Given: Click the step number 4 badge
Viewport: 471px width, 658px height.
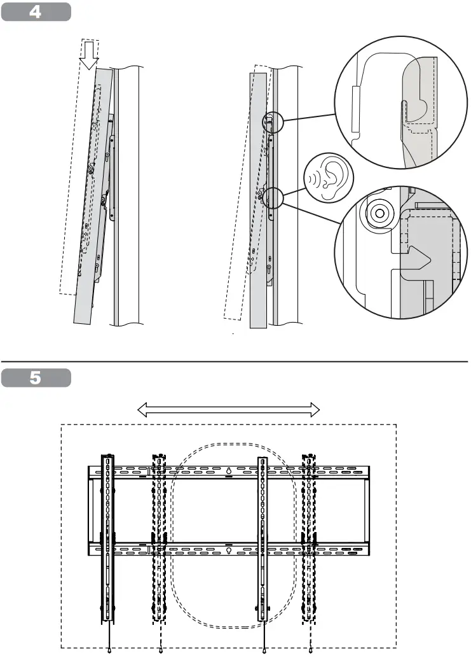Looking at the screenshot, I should pyautogui.click(x=36, y=11).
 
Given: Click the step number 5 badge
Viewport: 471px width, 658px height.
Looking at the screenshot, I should pyautogui.click(x=36, y=377).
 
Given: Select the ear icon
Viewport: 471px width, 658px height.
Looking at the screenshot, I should pyautogui.click(x=331, y=179).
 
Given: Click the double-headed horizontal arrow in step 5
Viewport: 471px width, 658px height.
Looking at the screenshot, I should pyautogui.click(x=228, y=411).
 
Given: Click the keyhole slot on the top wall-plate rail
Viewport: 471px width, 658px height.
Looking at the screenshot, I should pyautogui.click(x=228, y=472).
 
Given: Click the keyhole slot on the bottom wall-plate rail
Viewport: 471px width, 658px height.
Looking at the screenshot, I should pyautogui.click(x=228, y=551).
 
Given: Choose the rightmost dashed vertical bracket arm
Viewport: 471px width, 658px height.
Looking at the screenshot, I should pyautogui.click(x=310, y=538).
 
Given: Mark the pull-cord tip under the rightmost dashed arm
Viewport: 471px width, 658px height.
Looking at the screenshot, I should pyautogui.click(x=311, y=650).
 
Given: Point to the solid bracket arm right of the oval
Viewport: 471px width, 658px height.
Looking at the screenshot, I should pyautogui.click(x=263, y=538).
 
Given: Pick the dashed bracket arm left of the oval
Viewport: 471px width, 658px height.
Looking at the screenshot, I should pyautogui.click(x=158, y=538).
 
